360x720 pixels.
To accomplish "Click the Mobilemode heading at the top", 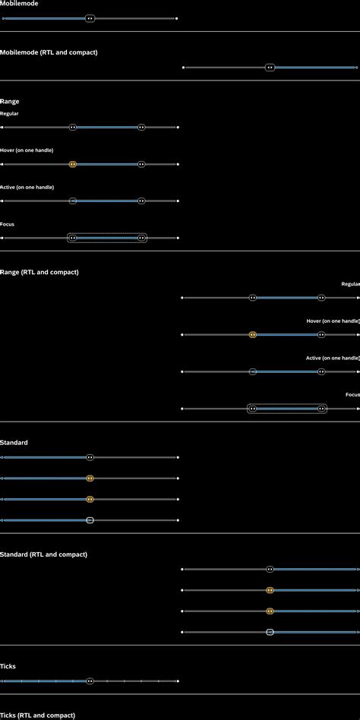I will (19, 4).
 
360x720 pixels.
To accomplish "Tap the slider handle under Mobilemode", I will (90, 18).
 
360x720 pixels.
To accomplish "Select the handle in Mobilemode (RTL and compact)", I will (270, 68).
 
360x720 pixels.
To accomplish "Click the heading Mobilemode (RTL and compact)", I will (49, 52).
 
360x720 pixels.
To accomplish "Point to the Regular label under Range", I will (10, 114).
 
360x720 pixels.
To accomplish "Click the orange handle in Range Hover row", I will (73, 164).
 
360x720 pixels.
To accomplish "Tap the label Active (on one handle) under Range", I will (27, 187).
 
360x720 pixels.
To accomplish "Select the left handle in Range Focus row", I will (73, 238).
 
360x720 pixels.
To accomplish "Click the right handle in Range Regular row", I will (141, 128).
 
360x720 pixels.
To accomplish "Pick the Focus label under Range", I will (8, 224).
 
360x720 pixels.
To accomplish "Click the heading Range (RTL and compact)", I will (39, 272).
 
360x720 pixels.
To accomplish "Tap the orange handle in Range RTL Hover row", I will (253, 335).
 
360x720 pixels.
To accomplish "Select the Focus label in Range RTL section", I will (352, 395).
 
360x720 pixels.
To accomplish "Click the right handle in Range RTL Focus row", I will (322, 409).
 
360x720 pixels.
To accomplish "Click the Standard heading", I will (14, 443).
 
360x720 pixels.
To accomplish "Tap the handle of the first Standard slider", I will (90, 458).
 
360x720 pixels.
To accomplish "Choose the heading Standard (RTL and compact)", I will (44, 554).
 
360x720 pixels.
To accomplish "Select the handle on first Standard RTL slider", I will (270, 569).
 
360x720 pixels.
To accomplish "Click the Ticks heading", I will (8, 666).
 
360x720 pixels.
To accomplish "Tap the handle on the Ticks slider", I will (90, 681).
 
